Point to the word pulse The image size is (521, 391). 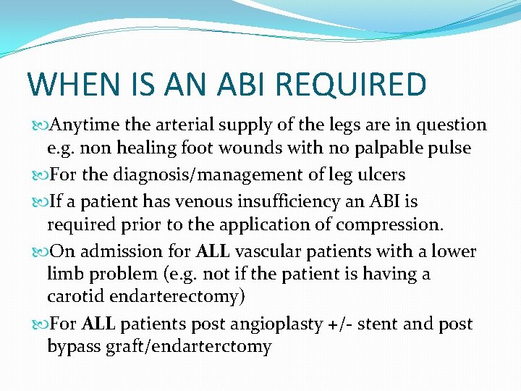(449, 149)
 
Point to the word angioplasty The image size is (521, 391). (264, 324)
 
